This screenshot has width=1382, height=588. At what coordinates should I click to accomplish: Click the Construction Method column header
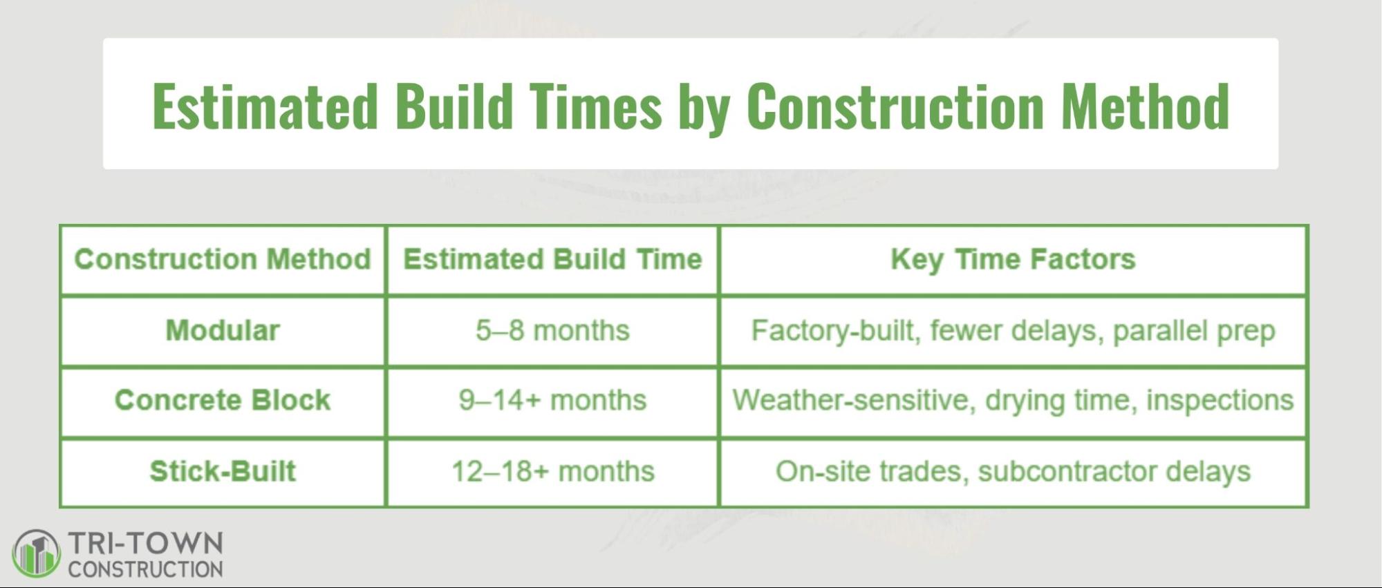(x=223, y=260)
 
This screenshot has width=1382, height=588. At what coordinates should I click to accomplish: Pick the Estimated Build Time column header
(x=552, y=260)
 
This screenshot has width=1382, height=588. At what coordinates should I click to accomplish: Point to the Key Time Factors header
(x=1013, y=260)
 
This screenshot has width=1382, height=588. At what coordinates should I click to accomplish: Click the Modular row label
(x=223, y=331)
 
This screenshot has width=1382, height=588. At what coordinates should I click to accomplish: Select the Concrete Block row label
(x=223, y=401)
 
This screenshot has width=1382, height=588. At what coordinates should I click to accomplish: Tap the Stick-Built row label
(x=223, y=472)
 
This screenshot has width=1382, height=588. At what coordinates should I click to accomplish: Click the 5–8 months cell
(x=552, y=331)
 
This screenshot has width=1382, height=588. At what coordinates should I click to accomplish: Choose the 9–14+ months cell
(x=552, y=401)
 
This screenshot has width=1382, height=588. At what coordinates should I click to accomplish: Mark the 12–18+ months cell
(x=552, y=472)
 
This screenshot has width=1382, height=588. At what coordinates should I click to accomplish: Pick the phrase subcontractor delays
(x=1114, y=472)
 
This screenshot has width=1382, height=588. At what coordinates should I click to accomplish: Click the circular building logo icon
(x=36, y=553)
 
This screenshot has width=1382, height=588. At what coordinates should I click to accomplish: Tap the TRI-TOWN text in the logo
(x=145, y=544)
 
